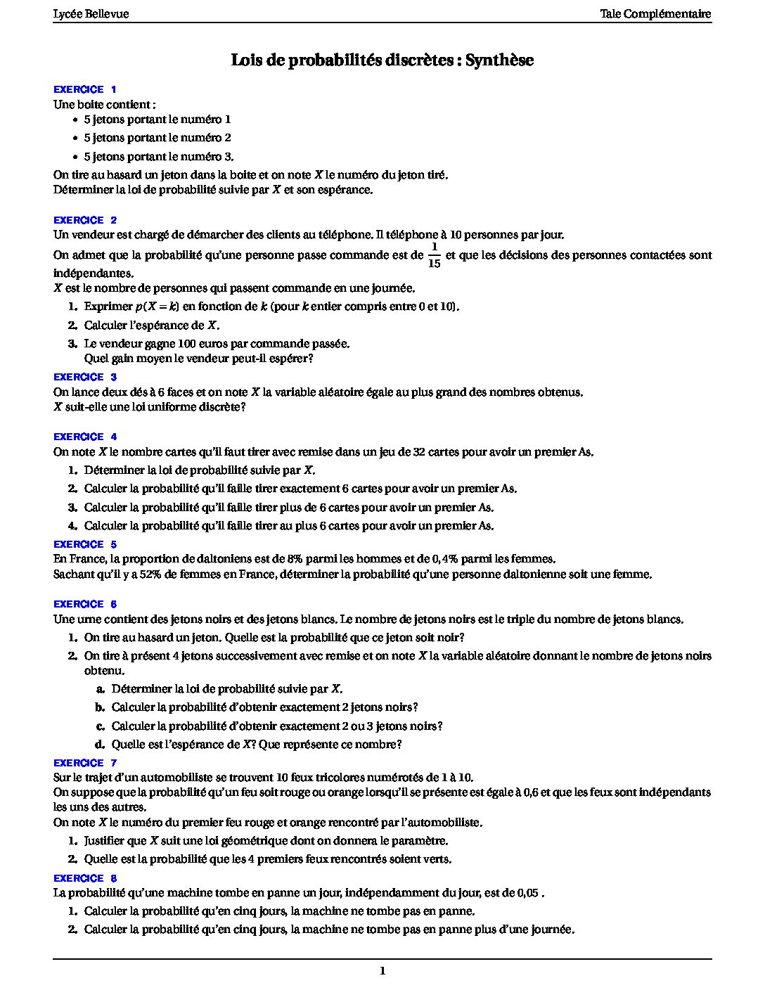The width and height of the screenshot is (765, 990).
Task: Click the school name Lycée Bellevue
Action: [x=91, y=14]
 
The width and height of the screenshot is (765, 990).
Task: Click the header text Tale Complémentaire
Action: [x=655, y=14]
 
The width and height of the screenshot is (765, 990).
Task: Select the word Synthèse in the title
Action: [x=499, y=60]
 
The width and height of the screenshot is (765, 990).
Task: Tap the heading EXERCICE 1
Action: [x=85, y=89]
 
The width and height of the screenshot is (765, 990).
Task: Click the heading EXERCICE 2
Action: [x=85, y=220]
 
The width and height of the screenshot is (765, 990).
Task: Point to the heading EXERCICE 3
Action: [x=85, y=377]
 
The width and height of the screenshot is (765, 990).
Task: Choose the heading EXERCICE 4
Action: [x=85, y=437]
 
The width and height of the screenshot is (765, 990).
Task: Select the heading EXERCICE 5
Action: [x=85, y=544]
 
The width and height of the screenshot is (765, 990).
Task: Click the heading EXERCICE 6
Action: [x=85, y=604]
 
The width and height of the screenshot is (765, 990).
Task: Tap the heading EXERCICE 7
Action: [x=85, y=763]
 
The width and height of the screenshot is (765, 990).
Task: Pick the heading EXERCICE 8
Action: [x=85, y=878]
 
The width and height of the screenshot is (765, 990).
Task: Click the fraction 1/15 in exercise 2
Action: [x=434, y=255]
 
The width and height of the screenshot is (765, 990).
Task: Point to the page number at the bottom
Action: [x=382, y=972]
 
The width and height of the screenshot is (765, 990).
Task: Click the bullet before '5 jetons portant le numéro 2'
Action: [x=75, y=139]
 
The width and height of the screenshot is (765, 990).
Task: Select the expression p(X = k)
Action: [x=157, y=307]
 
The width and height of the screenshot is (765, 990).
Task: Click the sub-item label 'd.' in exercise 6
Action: [x=100, y=745]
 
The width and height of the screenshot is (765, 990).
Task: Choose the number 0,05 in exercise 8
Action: [x=527, y=893]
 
